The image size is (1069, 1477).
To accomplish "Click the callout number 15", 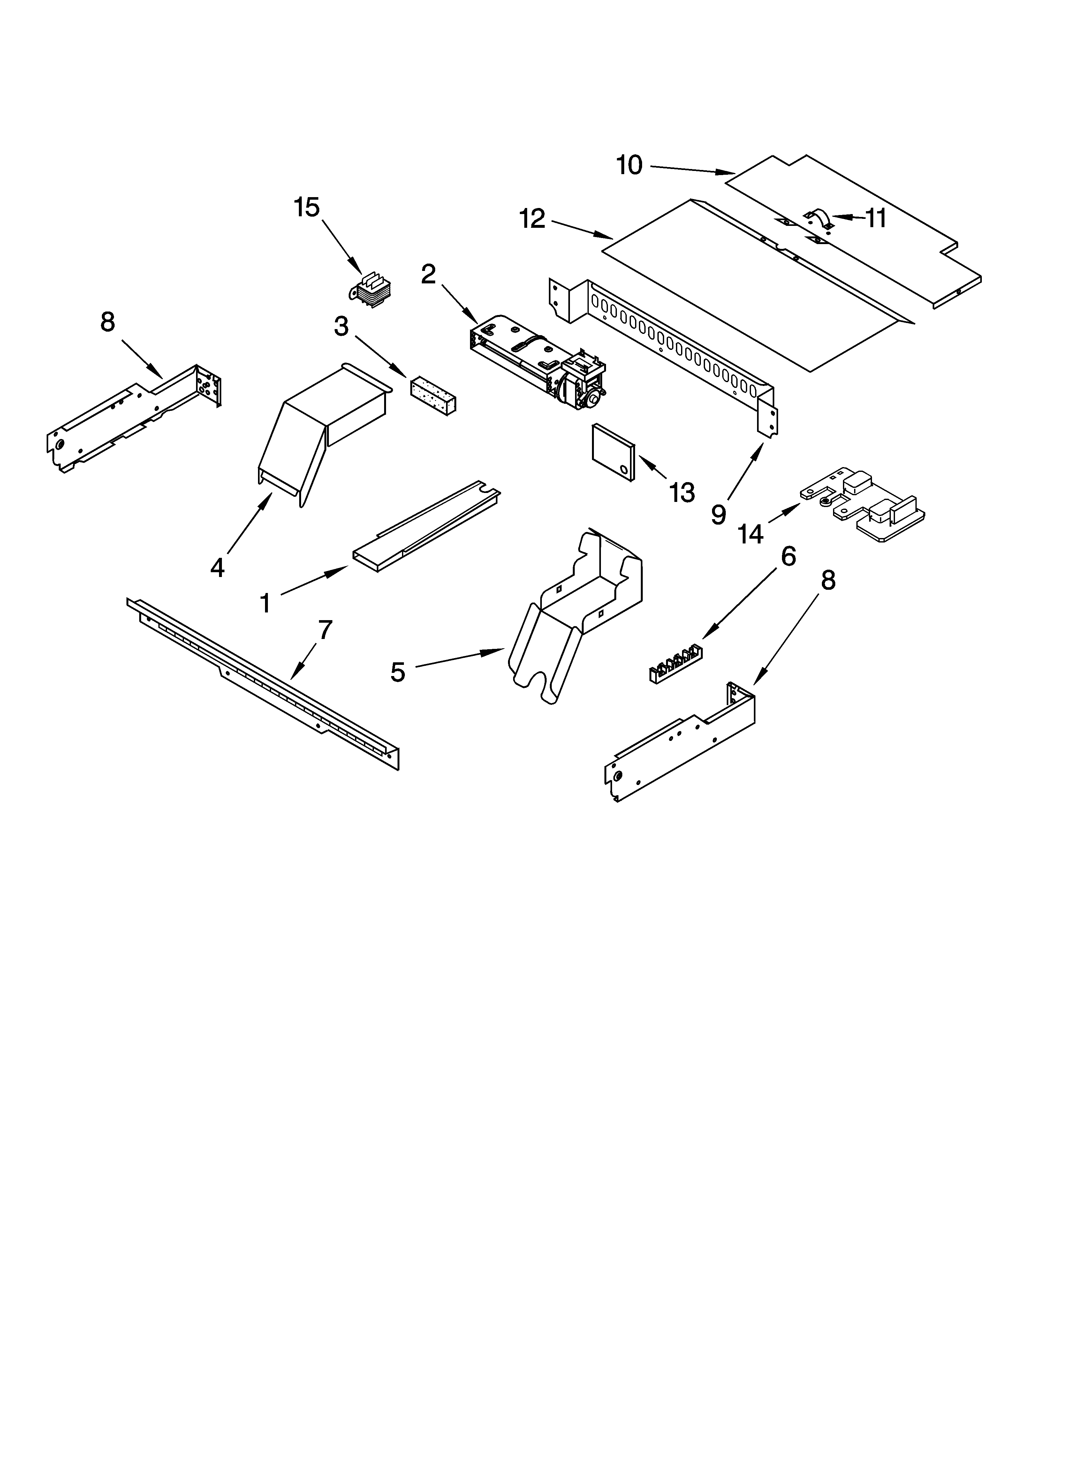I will point(307,208).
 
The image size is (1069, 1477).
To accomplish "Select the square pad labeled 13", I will point(613,452).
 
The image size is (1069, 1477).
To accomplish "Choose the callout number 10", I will point(629,165).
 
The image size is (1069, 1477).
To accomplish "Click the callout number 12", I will point(532,219).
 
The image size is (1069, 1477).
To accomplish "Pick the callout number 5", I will point(398,672).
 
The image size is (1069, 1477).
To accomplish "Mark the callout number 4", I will point(217,567).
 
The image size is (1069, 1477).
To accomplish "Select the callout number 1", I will point(265,603).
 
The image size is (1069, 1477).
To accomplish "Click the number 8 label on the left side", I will point(108,322).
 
